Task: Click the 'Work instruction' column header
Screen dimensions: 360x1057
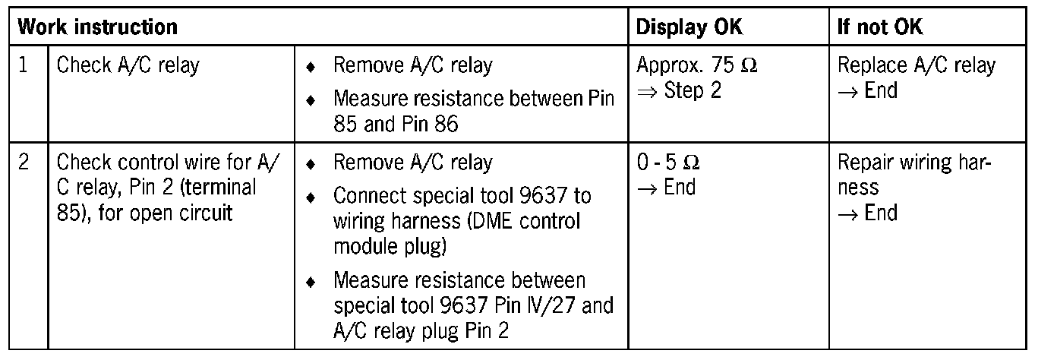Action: [x=97, y=27]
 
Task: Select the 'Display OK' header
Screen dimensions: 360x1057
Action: [x=689, y=27]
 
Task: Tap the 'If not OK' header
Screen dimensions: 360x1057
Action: [x=881, y=27]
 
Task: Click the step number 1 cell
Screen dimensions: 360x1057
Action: [x=24, y=66]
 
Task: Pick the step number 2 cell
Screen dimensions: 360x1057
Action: [x=24, y=163]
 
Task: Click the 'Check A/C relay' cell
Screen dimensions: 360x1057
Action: [x=128, y=66]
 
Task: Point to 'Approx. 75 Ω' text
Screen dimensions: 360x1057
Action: [x=696, y=66]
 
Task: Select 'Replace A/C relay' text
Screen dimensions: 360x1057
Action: [x=916, y=66]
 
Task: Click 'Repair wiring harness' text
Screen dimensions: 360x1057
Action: [x=914, y=175]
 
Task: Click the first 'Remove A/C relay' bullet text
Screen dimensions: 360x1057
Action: [x=412, y=66]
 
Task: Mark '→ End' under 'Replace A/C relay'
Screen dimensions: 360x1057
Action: [x=866, y=90]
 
